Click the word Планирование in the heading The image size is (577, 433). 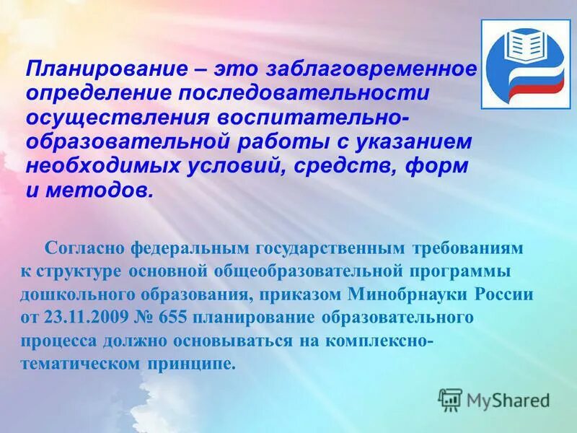click(x=93, y=70)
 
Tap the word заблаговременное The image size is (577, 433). click(x=372, y=70)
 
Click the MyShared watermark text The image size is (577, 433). click(x=508, y=399)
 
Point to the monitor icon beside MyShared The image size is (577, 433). click(x=450, y=399)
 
